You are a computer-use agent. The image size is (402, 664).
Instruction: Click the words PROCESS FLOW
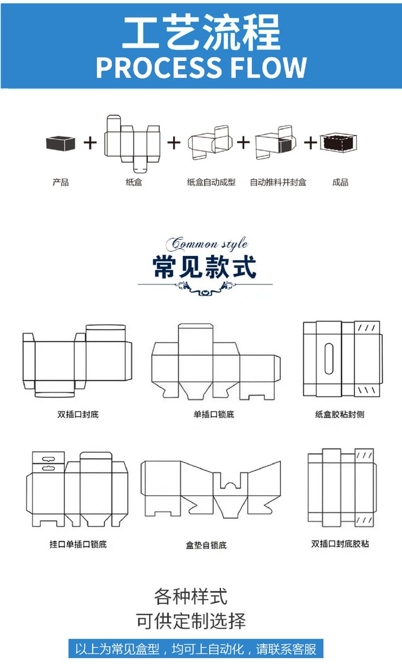(201, 67)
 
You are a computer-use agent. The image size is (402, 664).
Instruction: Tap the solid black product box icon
(60, 143)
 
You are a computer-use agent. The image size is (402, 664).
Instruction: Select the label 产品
(61, 183)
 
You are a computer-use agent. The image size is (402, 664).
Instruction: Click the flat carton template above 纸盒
(133, 139)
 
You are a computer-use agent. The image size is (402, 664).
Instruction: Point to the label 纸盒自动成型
(211, 183)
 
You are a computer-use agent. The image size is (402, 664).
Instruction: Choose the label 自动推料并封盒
(278, 183)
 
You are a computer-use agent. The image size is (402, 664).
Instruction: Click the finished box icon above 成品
(339, 142)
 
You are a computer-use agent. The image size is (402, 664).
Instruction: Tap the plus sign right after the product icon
(90, 143)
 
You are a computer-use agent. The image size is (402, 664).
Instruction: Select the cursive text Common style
(206, 244)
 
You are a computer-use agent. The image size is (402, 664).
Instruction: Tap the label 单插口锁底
(214, 414)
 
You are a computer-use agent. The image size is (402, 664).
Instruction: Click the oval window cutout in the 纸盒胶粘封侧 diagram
(329, 356)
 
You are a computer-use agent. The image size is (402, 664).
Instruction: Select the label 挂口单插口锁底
(78, 544)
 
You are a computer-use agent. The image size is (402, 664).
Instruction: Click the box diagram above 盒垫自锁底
(210, 488)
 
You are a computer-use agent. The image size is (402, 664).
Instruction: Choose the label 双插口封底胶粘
(340, 544)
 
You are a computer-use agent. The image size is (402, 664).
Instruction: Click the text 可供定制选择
(191, 622)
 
